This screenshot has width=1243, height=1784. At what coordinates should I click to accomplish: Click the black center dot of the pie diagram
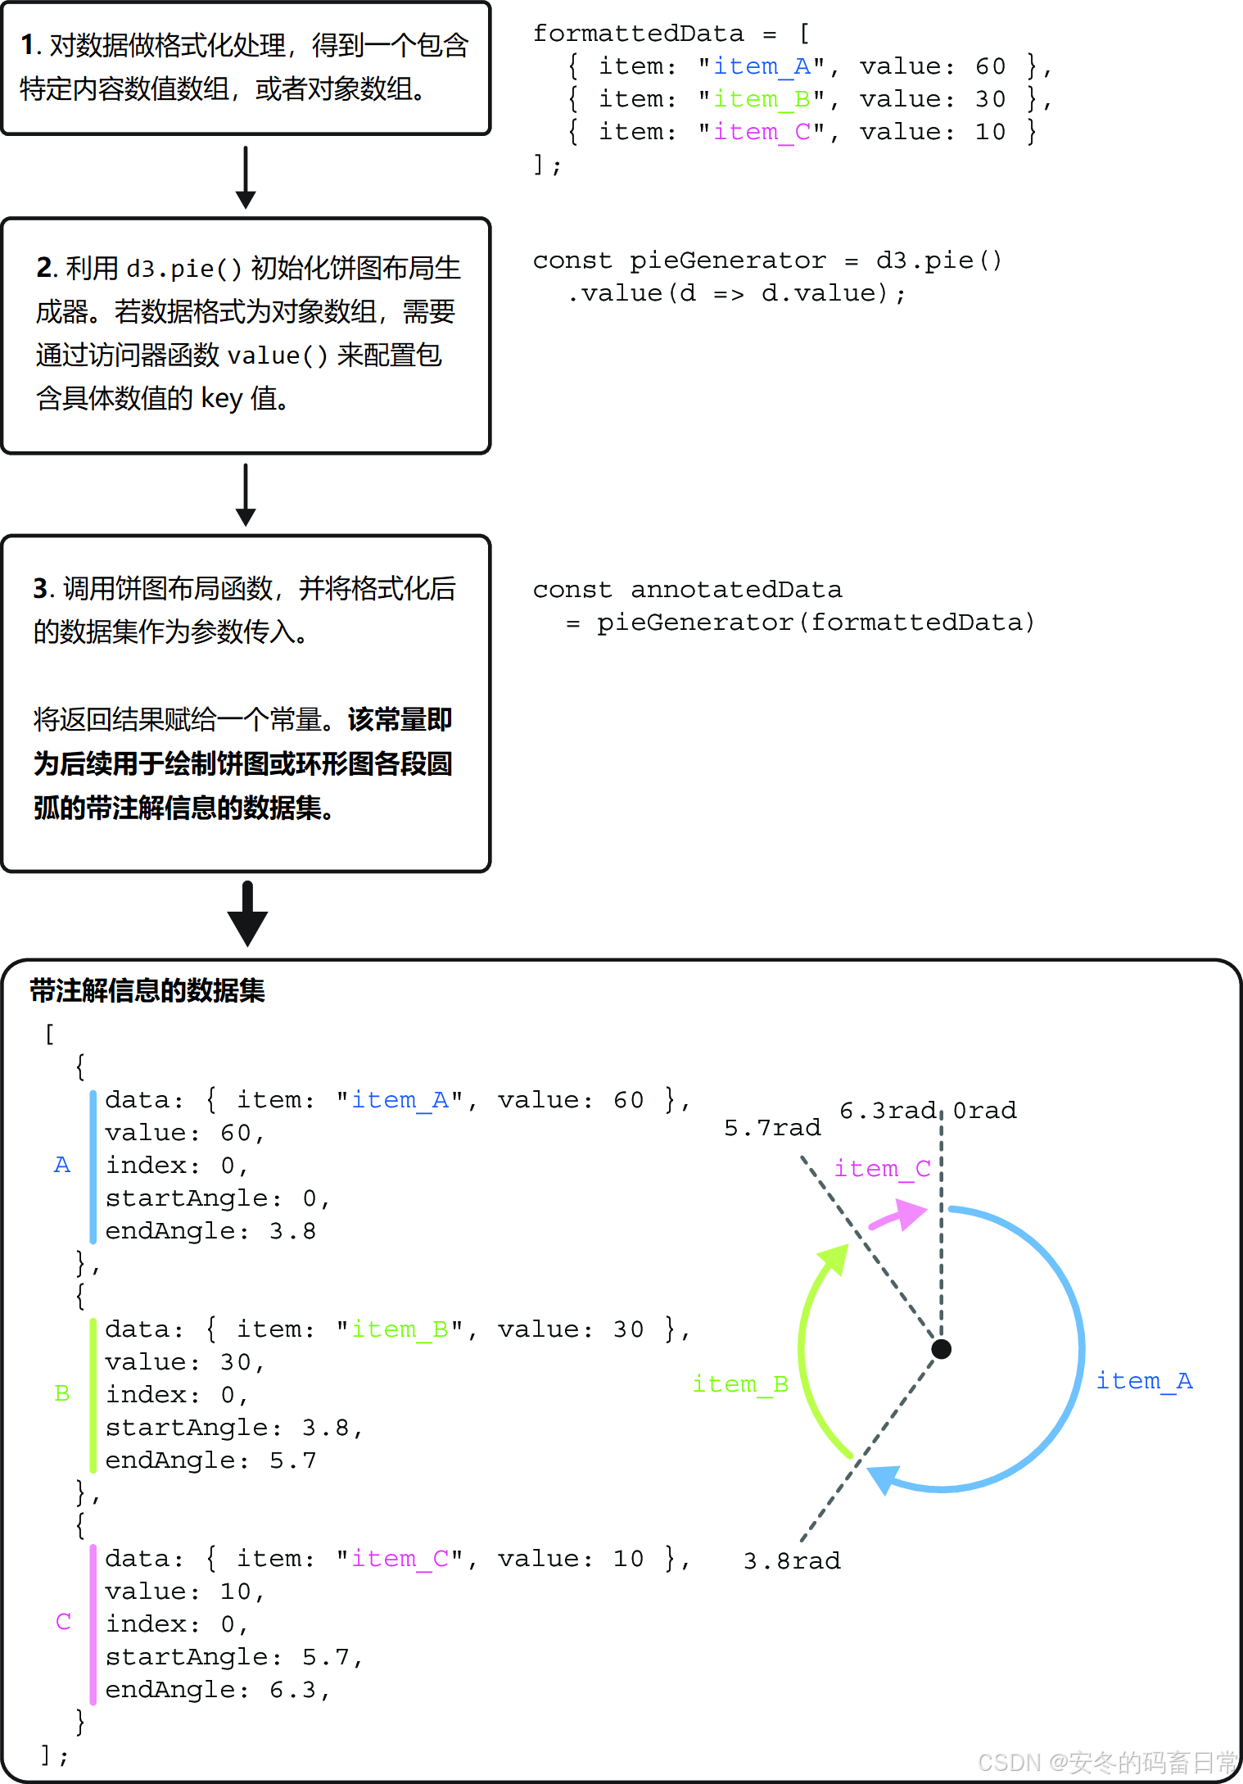941,1349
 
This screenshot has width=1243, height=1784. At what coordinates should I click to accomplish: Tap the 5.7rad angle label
771,1129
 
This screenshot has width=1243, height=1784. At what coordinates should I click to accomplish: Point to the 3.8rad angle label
791,1561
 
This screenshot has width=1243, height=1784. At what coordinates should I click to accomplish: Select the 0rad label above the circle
984,1111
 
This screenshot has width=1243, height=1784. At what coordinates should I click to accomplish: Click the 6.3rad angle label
887,1111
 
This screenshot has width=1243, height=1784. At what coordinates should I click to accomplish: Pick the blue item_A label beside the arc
1144,1381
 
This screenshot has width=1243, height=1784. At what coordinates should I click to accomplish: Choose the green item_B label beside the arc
740,1384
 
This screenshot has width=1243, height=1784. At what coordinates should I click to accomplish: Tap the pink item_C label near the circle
882,1169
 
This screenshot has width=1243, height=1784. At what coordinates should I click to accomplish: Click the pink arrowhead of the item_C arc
911,1213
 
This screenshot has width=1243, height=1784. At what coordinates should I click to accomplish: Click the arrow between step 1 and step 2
246,177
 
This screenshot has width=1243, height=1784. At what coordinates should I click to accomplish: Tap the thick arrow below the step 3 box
247,914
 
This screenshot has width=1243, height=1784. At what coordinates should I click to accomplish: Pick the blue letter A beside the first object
61,1165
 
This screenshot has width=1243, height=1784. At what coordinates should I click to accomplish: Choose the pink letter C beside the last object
63,1622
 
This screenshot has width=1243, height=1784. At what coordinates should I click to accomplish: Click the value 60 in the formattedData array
990,66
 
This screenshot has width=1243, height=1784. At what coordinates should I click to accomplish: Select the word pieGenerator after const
727,260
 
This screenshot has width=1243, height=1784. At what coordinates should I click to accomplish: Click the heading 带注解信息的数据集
147,991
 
